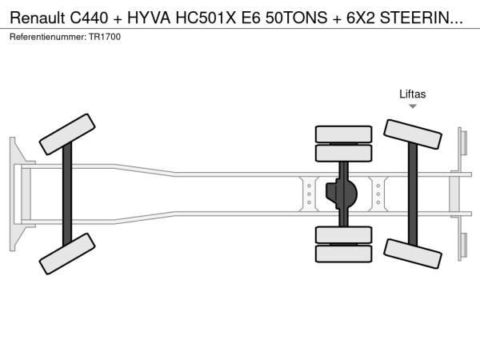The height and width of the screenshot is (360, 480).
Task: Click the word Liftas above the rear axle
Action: coord(412,94)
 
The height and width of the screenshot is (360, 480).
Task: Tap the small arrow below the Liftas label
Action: coord(413,106)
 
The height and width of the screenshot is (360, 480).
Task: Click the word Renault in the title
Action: coord(38,18)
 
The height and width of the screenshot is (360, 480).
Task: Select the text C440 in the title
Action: coord(89,18)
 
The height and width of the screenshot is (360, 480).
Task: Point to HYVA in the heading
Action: coord(149,18)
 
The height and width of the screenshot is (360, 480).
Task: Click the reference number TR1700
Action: coord(105,37)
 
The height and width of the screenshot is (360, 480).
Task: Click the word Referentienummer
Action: coord(48,37)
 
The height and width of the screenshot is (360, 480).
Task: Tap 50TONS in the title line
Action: coord(296,18)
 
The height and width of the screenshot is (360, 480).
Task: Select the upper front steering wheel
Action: coord(67,134)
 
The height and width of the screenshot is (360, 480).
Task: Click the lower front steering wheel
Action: coord(67,254)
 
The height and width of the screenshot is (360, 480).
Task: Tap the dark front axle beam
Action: coord(67,194)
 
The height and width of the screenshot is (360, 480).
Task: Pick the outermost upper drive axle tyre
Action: coord(343,134)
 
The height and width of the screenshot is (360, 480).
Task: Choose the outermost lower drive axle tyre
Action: coord(343,254)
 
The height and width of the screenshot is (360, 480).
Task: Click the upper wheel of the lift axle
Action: coord(412,134)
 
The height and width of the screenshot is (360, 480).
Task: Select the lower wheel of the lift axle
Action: coord(412,254)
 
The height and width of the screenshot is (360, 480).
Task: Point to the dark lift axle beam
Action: coord(413,194)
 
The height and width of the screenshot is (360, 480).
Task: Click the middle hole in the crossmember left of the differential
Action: coord(309,194)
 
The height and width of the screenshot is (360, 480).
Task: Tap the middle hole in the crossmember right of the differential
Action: coord(378,194)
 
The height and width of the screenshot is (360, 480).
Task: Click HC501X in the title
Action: coord(206,18)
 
